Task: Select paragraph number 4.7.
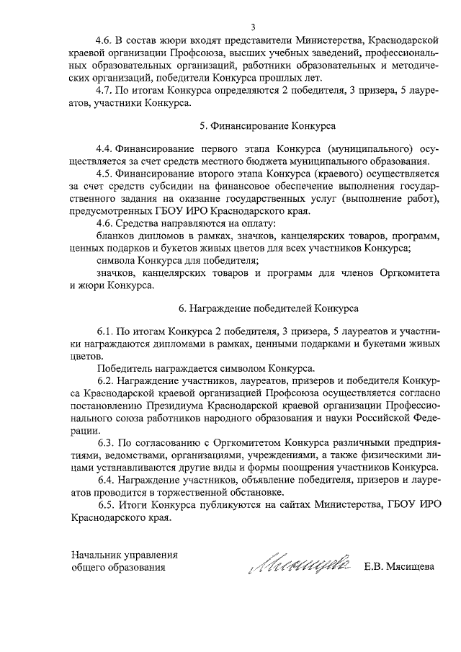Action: point(105,91)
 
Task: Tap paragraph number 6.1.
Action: point(105,331)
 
